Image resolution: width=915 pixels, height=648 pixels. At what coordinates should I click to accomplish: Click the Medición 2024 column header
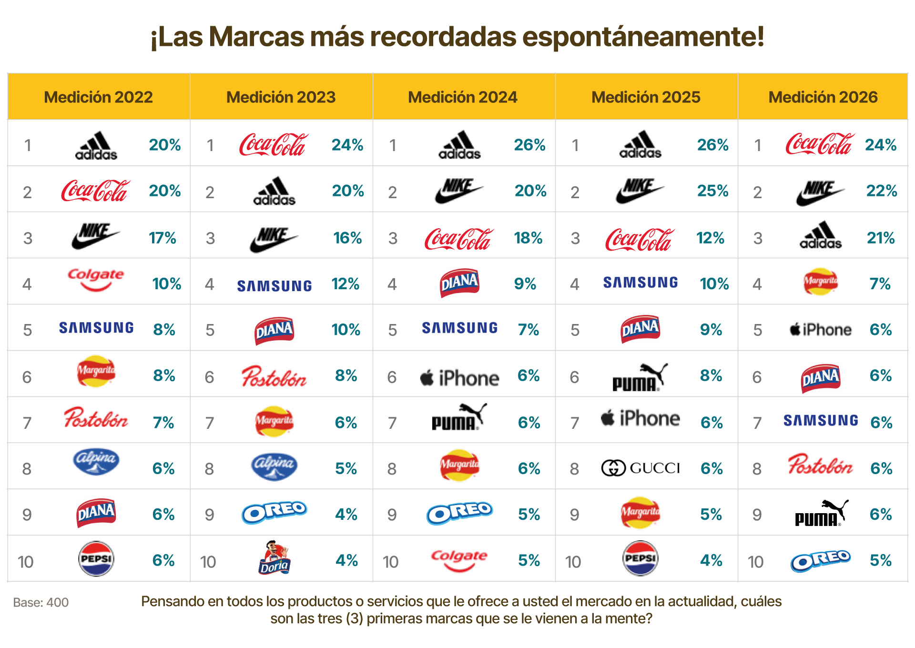(x=462, y=97)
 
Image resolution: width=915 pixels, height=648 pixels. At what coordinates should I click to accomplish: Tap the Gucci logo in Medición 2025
(x=640, y=468)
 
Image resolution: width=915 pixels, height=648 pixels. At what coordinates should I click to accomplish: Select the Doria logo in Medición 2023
(x=274, y=558)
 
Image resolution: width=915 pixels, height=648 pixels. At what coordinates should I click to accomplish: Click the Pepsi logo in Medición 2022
(x=96, y=558)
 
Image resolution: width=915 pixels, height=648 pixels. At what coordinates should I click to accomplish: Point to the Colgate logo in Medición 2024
(x=459, y=559)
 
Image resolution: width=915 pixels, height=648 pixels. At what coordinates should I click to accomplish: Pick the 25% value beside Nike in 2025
(x=712, y=191)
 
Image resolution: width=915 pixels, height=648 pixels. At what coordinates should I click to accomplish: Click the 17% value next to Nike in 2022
(x=163, y=238)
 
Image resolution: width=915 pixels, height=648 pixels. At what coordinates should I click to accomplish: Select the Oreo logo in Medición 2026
(x=820, y=560)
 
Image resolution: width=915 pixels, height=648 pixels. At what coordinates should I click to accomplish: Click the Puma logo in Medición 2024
(x=459, y=417)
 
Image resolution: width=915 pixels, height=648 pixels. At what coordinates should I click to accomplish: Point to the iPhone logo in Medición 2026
(x=820, y=330)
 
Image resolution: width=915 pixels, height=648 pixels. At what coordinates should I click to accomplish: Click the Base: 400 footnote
(x=41, y=603)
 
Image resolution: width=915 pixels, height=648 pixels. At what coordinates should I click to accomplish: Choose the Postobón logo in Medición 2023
(x=274, y=376)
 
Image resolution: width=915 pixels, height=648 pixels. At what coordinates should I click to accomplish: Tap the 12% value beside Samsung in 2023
(x=346, y=284)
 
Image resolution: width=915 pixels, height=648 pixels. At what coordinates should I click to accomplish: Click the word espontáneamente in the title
(x=643, y=37)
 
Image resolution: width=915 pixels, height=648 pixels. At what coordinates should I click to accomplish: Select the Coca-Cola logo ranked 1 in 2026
(x=819, y=144)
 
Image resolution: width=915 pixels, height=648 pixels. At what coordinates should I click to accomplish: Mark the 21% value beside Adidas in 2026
(x=880, y=238)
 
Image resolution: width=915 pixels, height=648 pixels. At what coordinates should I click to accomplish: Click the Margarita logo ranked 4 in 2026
(x=820, y=282)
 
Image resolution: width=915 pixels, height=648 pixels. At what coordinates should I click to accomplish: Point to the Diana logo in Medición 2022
(x=96, y=513)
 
